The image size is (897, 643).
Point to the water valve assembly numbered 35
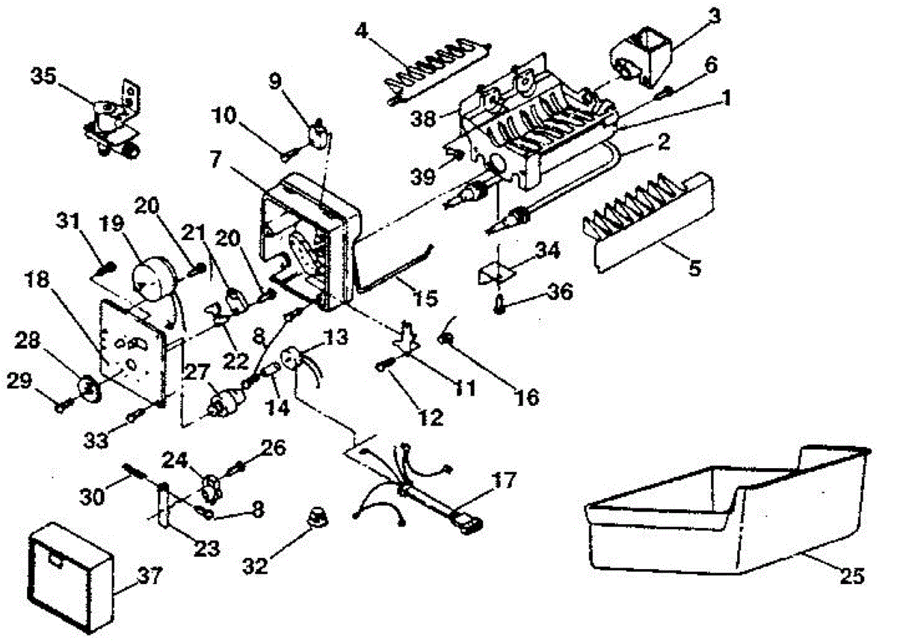point(112,123)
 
